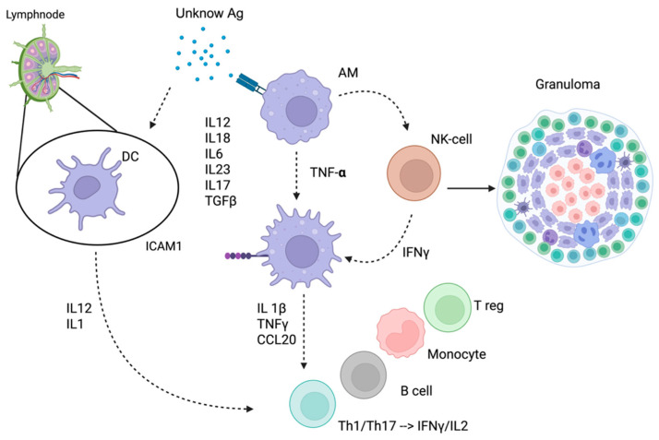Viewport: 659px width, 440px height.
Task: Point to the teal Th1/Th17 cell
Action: point(313,404)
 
